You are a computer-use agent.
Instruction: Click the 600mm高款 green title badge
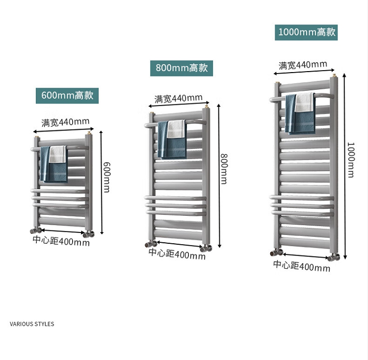tap(67, 96)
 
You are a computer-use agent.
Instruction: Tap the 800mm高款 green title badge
tap(182, 68)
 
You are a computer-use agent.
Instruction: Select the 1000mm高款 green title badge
tap(306, 32)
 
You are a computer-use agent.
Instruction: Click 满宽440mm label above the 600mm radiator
tap(65, 122)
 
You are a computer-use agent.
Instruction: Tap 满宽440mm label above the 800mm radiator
tap(179, 99)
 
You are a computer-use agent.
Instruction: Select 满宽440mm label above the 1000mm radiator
tap(303, 65)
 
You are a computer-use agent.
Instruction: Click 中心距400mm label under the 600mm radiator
tap(61, 241)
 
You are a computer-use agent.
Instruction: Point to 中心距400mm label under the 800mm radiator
tap(177, 254)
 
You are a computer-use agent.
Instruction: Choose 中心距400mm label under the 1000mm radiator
tap(302, 266)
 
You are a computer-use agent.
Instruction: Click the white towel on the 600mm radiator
tap(58, 154)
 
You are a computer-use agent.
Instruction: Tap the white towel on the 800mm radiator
tap(176, 129)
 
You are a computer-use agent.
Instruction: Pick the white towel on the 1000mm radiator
tap(305, 102)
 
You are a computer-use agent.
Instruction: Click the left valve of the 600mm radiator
tap(35, 230)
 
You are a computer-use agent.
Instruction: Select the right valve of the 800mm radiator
tap(206, 247)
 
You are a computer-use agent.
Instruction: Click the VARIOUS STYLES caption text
tap(32, 324)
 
